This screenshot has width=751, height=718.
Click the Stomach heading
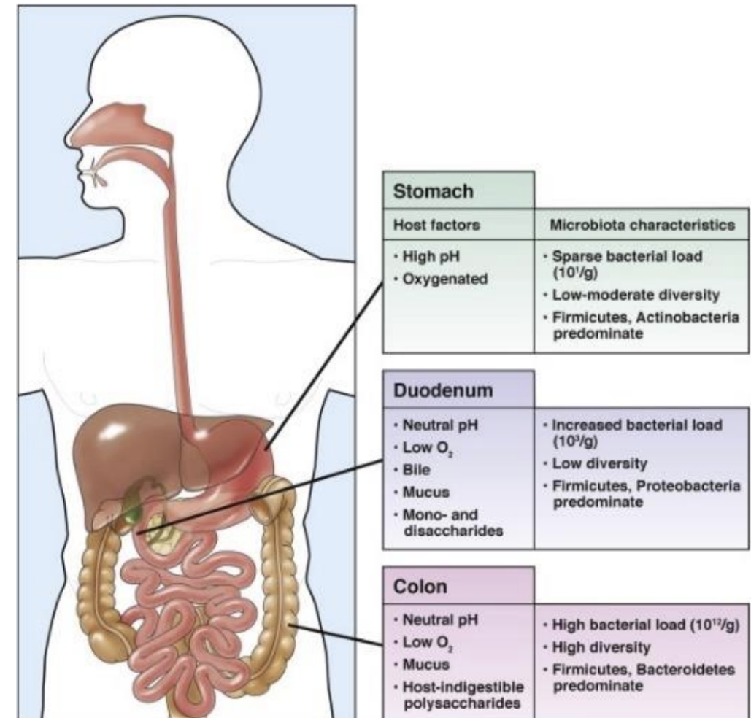pos(433,192)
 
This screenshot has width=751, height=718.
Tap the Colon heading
pos(420,587)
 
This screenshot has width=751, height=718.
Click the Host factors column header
pos(436,225)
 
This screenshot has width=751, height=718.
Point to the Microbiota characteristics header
pos(642,225)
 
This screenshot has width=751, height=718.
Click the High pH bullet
pos(426,256)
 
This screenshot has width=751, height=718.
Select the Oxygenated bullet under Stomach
pos(441,279)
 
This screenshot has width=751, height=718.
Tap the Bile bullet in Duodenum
pos(412,470)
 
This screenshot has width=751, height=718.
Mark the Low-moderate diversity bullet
pos(631,295)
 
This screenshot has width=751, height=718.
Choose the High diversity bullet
pos(597,648)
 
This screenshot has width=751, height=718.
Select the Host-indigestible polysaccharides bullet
pos(458,695)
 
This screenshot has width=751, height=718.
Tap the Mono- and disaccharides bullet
pos(448,522)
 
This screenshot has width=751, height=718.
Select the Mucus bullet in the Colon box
pos(422,664)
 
